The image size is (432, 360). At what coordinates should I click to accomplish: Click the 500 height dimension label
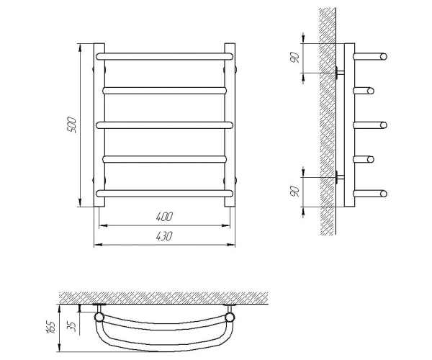pyautogui.click(x=71, y=125)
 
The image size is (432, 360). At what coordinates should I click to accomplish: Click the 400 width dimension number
pyautogui.click(x=164, y=217)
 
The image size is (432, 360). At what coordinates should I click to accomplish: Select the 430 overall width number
pyautogui.click(x=164, y=236)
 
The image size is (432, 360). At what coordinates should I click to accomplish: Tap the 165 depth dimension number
pyautogui.click(x=51, y=327)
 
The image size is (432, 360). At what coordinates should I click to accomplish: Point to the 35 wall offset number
pyautogui.click(x=71, y=326)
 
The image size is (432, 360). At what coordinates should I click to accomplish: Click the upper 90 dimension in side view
pyautogui.click(x=294, y=57)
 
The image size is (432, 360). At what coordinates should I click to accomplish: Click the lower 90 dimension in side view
pyautogui.click(x=294, y=191)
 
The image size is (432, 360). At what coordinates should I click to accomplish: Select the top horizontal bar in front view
pyautogui.click(x=164, y=56)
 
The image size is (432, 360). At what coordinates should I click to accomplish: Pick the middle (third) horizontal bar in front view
pyautogui.click(x=164, y=125)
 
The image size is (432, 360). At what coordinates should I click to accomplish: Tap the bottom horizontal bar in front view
pyautogui.click(x=164, y=194)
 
